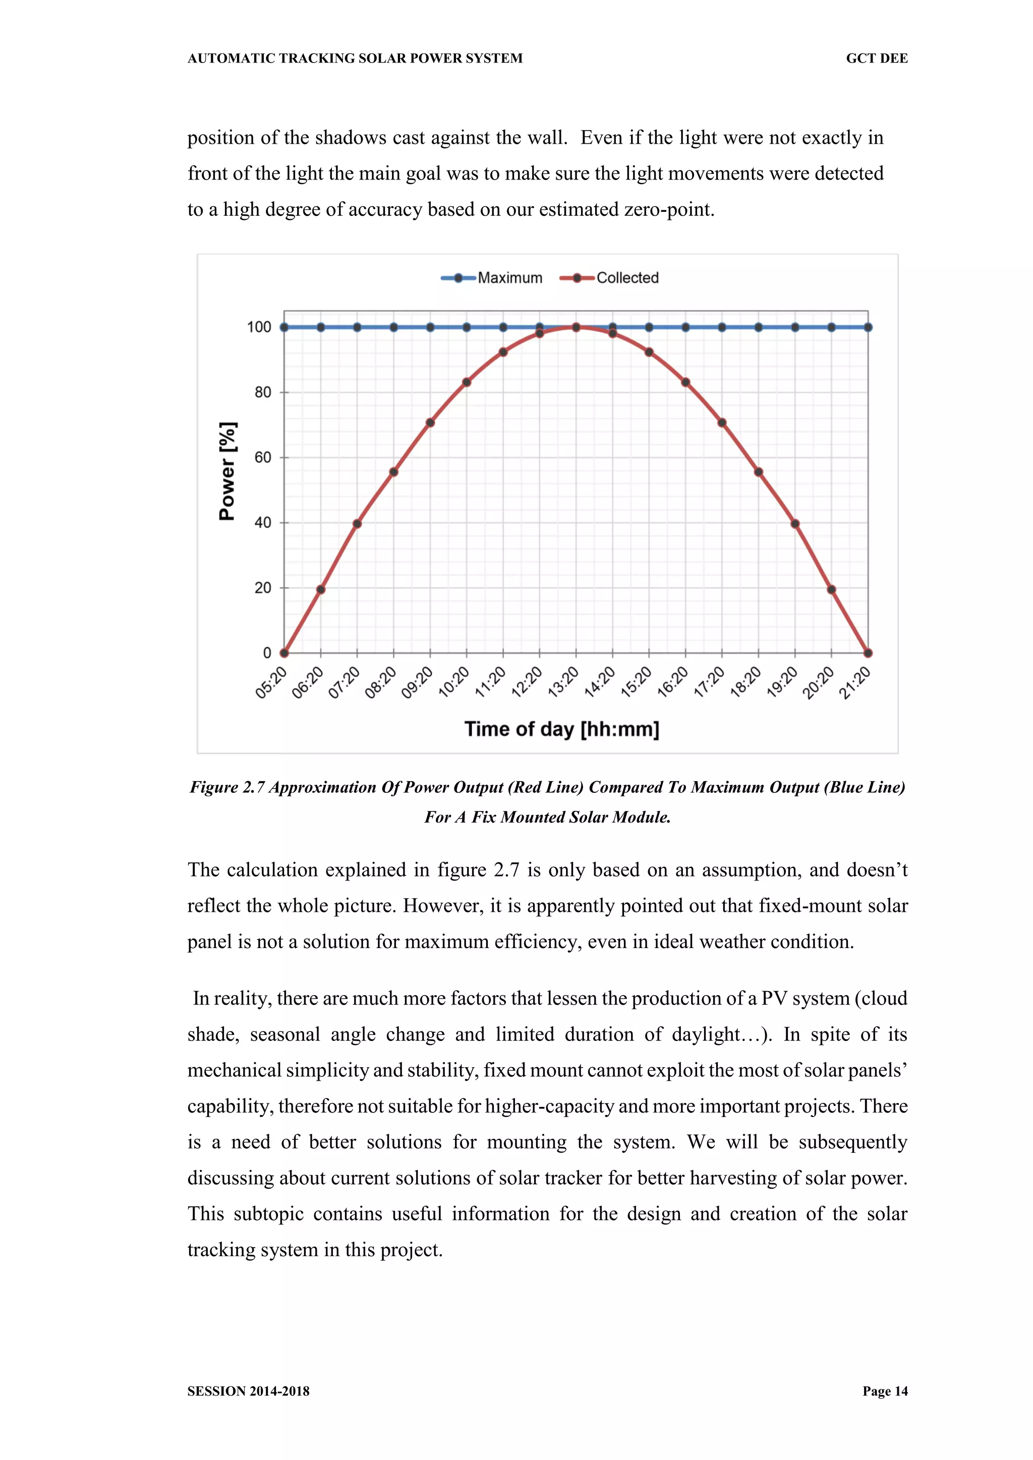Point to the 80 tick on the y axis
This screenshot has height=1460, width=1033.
point(263,392)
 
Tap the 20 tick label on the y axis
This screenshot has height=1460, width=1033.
point(263,588)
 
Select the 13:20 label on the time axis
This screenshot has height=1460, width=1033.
point(563,682)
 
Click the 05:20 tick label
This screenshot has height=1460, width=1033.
point(271,682)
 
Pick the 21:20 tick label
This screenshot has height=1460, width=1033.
point(855,682)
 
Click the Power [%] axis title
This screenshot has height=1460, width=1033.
point(227,471)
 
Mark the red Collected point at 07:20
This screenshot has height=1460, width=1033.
point(357,524)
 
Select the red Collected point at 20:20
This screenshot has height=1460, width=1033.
point(831,590)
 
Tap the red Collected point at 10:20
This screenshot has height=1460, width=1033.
point(467,382)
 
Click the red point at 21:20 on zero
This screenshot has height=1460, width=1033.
point(868,653)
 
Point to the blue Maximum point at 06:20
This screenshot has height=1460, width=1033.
point(321,327)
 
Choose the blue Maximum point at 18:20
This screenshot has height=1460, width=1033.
point(758,327)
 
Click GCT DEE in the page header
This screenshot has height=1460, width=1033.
point(877,59)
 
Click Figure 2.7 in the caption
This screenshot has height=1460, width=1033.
point(227,787)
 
